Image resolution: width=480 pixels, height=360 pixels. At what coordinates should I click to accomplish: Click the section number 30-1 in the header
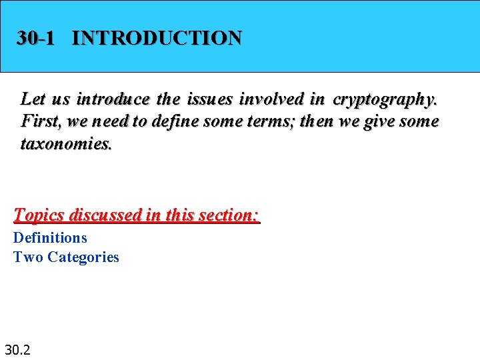pyautogui.click(x=35, y=38)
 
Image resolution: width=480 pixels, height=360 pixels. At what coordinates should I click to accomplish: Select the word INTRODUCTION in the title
pyautogui.click(x=157, y=38)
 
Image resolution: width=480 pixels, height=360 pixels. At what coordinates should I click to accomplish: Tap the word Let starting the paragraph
pyautogui.click(x=33, y=99)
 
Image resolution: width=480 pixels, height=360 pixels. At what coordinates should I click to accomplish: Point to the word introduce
pyautogui.click(x=113, y=99)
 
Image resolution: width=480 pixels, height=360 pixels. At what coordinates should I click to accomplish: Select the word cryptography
pyautogui.click(x=385, y=99)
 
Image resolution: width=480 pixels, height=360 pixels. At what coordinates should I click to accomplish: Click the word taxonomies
pyautogui.click(x=67, y=144)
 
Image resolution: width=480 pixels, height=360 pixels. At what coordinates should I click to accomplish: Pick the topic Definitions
pyautogui.click(x=50, y=237)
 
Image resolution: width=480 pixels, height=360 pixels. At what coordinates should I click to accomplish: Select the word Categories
pyautogui.click(x=83, y=257)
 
